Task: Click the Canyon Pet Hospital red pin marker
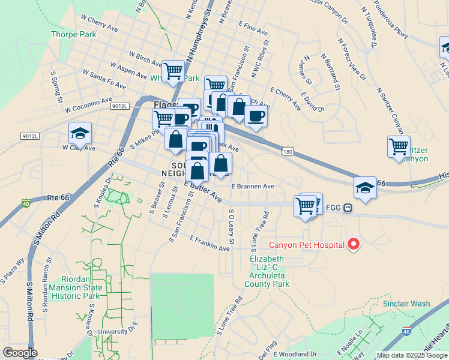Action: pyautogui.click(x=354, y=244)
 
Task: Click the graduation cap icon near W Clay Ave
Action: pyautogui.click(x=80, y=134)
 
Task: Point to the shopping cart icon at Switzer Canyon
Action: pyautogui.click(x=399, y=146)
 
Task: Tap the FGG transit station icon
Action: pyautogui.click(x=348, y=208)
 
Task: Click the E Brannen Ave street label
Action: pyautogui.click(x=253, y=187)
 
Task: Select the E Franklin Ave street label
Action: pyautogui.click(x=209, y=244)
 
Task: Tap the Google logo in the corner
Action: pyautogui.click(x=20, y=353)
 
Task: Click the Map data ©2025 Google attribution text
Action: pyautogui.click(x=411, y=355)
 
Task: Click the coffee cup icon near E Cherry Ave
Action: pyautogui.click(x=256, y=116)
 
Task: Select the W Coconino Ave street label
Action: pyautogui.click(x=89, y=104)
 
